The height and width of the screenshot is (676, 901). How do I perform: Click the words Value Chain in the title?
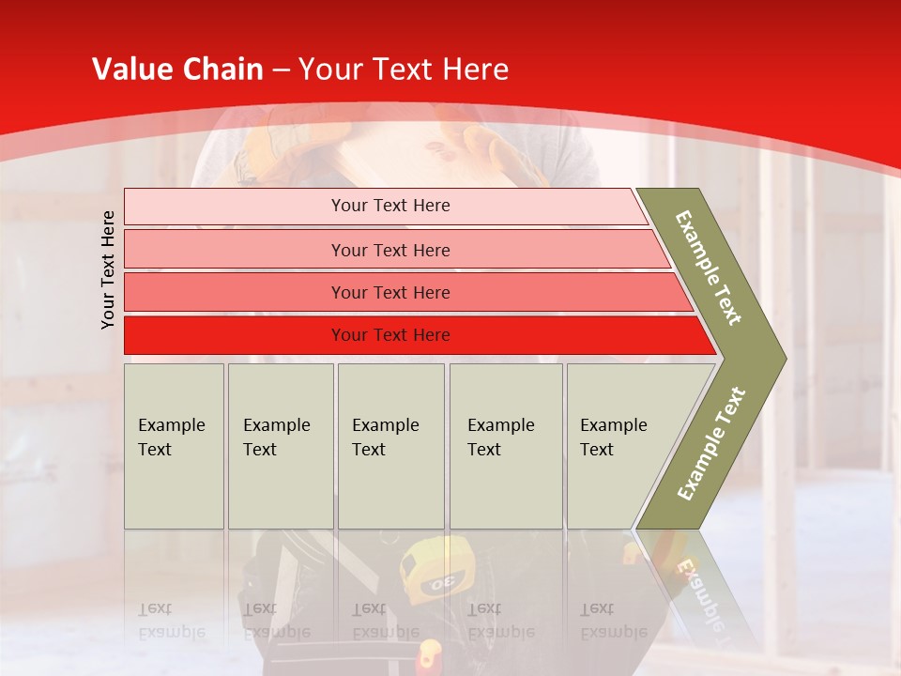(x=177, y=69)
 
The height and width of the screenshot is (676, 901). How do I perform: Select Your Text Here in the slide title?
(x=404, y=69)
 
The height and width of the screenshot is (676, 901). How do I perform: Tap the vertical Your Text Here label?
(x=108, y=269)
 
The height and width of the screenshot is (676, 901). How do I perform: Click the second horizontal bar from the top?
(x=389, y=250)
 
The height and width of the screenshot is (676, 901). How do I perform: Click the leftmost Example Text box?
(x=174, y=446)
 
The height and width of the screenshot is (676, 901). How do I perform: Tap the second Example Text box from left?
(x=281, y=446)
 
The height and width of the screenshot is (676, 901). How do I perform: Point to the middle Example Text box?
(x=390, y=446)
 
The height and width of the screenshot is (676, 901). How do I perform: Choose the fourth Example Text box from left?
(x=506, y=446)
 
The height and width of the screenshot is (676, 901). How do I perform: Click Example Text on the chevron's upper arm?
(x=709, y=268)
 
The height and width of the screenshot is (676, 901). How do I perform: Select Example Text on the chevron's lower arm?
(x=711, y=444)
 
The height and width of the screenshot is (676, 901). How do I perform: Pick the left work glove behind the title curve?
(x=272, y=141)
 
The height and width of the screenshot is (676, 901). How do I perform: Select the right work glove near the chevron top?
(x=497, y=150)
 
